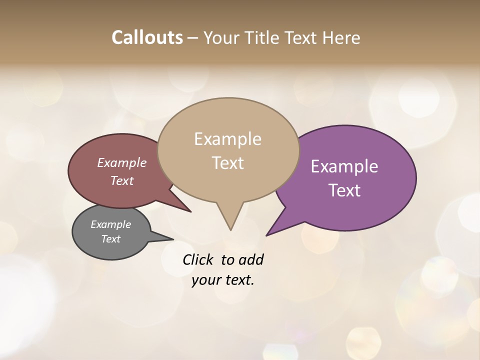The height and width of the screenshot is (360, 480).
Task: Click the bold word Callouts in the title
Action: click(x=147, y=37)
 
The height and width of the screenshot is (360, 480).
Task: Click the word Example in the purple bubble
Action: click(x=344, y=166)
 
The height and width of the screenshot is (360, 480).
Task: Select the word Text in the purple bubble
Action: click(x=344, y=190)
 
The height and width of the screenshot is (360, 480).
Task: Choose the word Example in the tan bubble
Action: click(x=228, y=139)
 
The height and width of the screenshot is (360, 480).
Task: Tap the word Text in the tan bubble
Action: click(x=228, y=163)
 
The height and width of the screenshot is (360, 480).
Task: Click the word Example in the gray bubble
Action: click(x=111, y=224)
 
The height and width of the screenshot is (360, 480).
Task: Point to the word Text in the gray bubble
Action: click(x=111, y=239)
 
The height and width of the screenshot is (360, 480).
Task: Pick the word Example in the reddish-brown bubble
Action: click(x=122, y=163)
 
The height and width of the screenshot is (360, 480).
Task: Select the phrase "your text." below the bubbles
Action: click(x=223, y=280)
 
